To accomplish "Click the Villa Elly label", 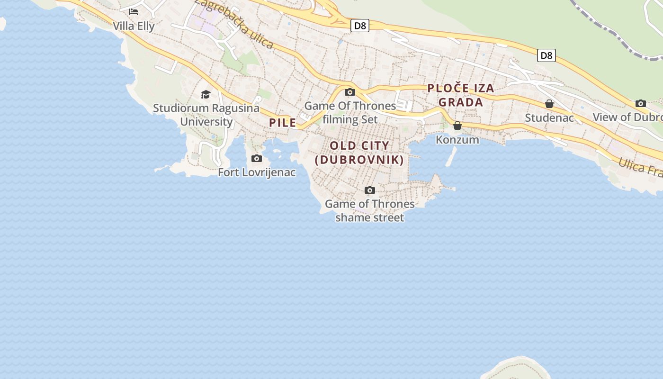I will pyautogui.click(x=134, y=26).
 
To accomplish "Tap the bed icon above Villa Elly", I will pyautogui.click(x=134, y=12).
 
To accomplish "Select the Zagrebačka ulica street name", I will pyautogui.click(x=235, y=24).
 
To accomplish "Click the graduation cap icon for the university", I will pyautogui.click(x=206, y=94).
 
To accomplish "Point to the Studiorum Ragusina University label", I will pyautogui.click(x=206, y=115).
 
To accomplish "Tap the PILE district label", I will pyautogui.click(x=283, y=123).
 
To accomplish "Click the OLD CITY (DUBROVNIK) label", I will pyautogui.click(x=359, y=153).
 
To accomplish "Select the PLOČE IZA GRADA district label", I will pyautogui.click(x=461, y=95).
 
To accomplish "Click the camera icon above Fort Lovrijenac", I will pyautogui.click(x=257, y=158).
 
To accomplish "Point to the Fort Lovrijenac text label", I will pyautogui.click(x=257, y=172).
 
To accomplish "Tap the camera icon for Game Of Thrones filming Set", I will pyautogui.click(x=350, y=92).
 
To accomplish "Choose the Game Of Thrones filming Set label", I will pyautogui.click(x=350, y=112).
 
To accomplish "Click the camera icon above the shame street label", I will pyautogui.click(x=370, y=190).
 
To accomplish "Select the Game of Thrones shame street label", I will pyautogui.click(x=370, y=211).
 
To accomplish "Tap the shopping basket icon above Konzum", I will pyautogui.click(x=457, y=126).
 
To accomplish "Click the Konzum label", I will pyautogui.click(x=457, y=140).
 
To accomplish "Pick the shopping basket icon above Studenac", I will pyautogui.click(x=549, y=104).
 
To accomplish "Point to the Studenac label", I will pyautogui.click(x=549, y=117).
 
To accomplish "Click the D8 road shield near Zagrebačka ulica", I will pyautogui.click(x=360, y=26).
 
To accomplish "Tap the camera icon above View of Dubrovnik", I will pyautogui.click(x=641, y=103).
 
